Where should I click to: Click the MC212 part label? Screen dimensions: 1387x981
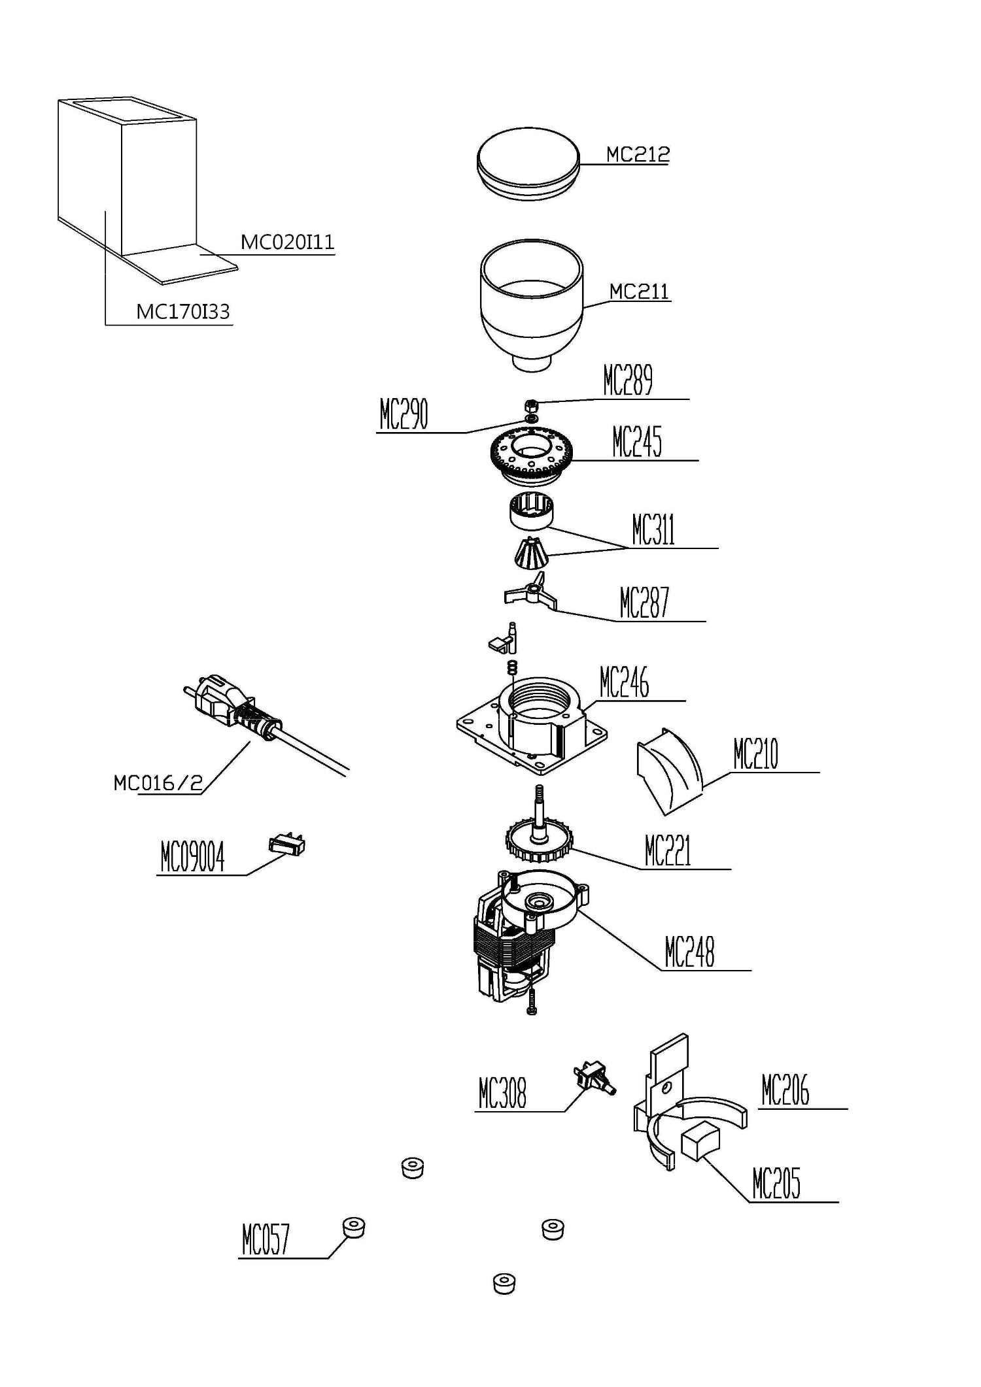[638, 154]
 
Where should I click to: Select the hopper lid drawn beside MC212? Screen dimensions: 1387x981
[528, 163]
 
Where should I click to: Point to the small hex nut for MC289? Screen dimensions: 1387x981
[532, 405]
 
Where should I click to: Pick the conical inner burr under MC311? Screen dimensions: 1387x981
[530, 553]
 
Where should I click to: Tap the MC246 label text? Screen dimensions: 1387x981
[624, 683]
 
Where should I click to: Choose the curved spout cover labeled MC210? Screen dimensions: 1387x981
[668, 771]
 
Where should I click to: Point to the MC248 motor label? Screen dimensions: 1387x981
[689, 952]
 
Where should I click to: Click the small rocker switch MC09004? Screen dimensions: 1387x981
[286, 845]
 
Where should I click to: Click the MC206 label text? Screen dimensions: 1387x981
[785, 1090]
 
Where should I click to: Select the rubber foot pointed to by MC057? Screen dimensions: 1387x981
[354, 1228]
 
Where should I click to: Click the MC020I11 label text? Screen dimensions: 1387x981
[287, 242]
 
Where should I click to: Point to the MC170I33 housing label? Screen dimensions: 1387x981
[183, 312]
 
